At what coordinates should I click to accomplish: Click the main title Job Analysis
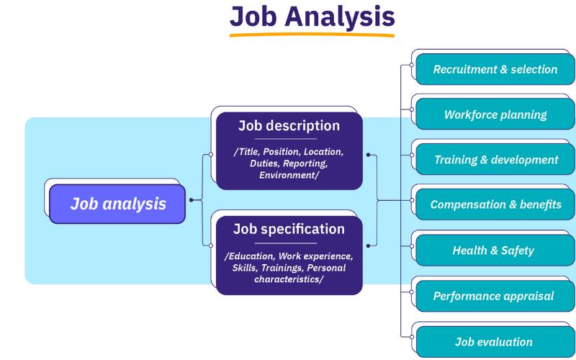(x=312, y=17)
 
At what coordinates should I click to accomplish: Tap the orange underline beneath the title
(x=312, y=35)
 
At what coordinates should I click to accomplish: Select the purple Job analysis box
(x=117, y=204)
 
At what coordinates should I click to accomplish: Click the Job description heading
(x=289, y=125)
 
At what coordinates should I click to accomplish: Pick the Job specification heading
(x=289, y=229)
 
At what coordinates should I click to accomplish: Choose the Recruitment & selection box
(x=495, y=69)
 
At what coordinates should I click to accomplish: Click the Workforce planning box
(x=495, y=114)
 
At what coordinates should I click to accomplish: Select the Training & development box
(x=495, y=159)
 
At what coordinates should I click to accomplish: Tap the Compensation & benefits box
(x=495, y=204)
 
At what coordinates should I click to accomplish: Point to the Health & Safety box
(x=495, y=250)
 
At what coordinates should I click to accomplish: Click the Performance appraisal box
(x=495, y=296)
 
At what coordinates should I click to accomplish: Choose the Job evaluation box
(x=495, y=341)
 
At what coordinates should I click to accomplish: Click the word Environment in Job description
(x=287, y=175)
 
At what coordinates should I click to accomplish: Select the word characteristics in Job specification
(x=287, y=279)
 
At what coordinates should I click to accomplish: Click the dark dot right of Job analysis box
(x=191, y=200)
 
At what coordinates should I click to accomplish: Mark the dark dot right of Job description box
(x=368, y=155)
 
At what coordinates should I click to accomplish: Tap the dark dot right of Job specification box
(x=368, y=246)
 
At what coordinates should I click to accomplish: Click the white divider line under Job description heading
(x=286, y=139)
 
